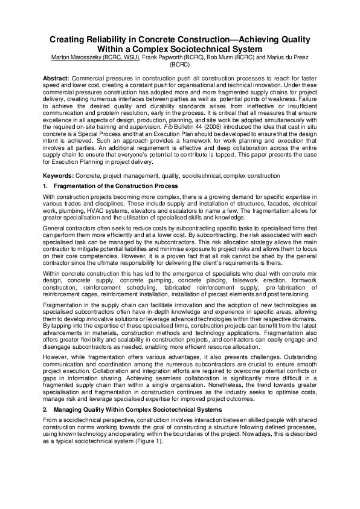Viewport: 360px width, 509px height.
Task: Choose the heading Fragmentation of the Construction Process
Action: tap(120, 186)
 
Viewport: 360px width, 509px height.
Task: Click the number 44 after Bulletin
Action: tap(225, 132)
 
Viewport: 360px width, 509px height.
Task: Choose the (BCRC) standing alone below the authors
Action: tap(180, 64)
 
